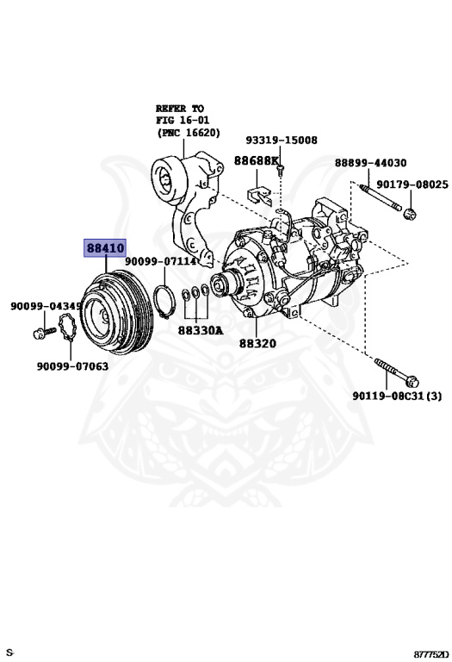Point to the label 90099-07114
click(x=160, y=260)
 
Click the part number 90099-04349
click(x=46, y=306)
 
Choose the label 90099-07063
click(x=72, y=365)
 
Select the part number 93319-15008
click(x=281, y=140)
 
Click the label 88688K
click(x=257, y=161)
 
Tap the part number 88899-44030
click(x=370, y=162)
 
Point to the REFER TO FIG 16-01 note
click(x=187, y=121)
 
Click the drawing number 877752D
click(x=430, y=653)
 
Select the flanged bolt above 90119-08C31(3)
click(x=397, y=372)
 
